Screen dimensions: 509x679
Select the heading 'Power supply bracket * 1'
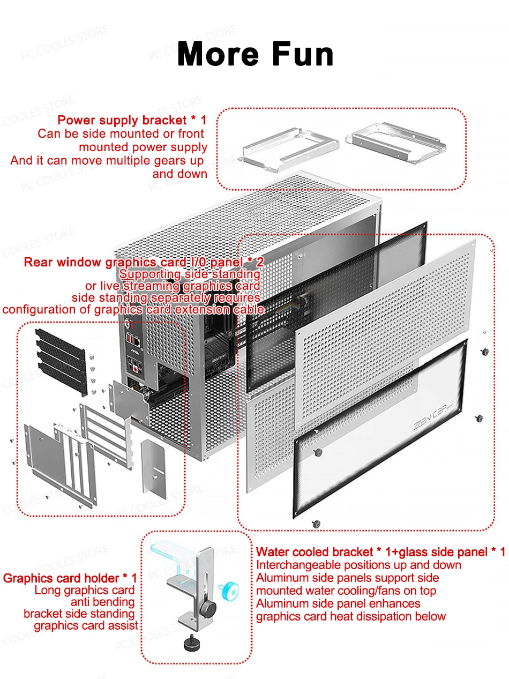pyautogui.click(x=132, y=120)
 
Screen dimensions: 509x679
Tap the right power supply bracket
pyautogui.click(x=396, y=142)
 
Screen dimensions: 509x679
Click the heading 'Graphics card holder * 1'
pyautogui.click(x=70, y=578)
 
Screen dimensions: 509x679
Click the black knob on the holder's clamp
pyautogui.click(x=207, y=609)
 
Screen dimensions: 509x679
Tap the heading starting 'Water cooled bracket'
pyautogui.click(x=380, y=552)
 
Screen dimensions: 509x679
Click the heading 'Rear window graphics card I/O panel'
pyautogui.click(x=144, y=263)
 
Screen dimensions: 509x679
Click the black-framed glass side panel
pyautogui.click(x=380, y=429)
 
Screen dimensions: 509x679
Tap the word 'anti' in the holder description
pyautogui.click(x=81, y=602)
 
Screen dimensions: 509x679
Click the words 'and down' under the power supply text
pyautogui.click(x=179, y=174)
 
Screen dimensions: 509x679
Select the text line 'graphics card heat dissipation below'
pyautogui.click(x=350, y=616)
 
